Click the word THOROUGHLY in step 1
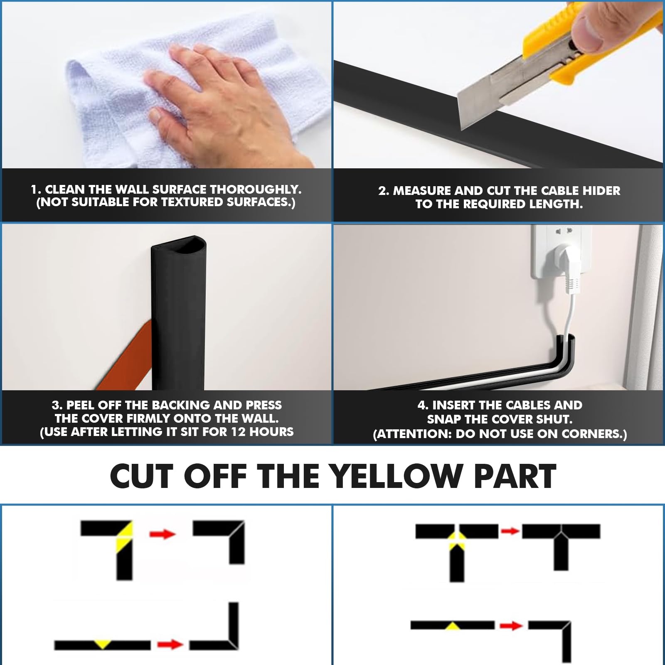(x=255, y=190)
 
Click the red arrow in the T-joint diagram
(x=510, y=531)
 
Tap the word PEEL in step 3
(x=81, y=405)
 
